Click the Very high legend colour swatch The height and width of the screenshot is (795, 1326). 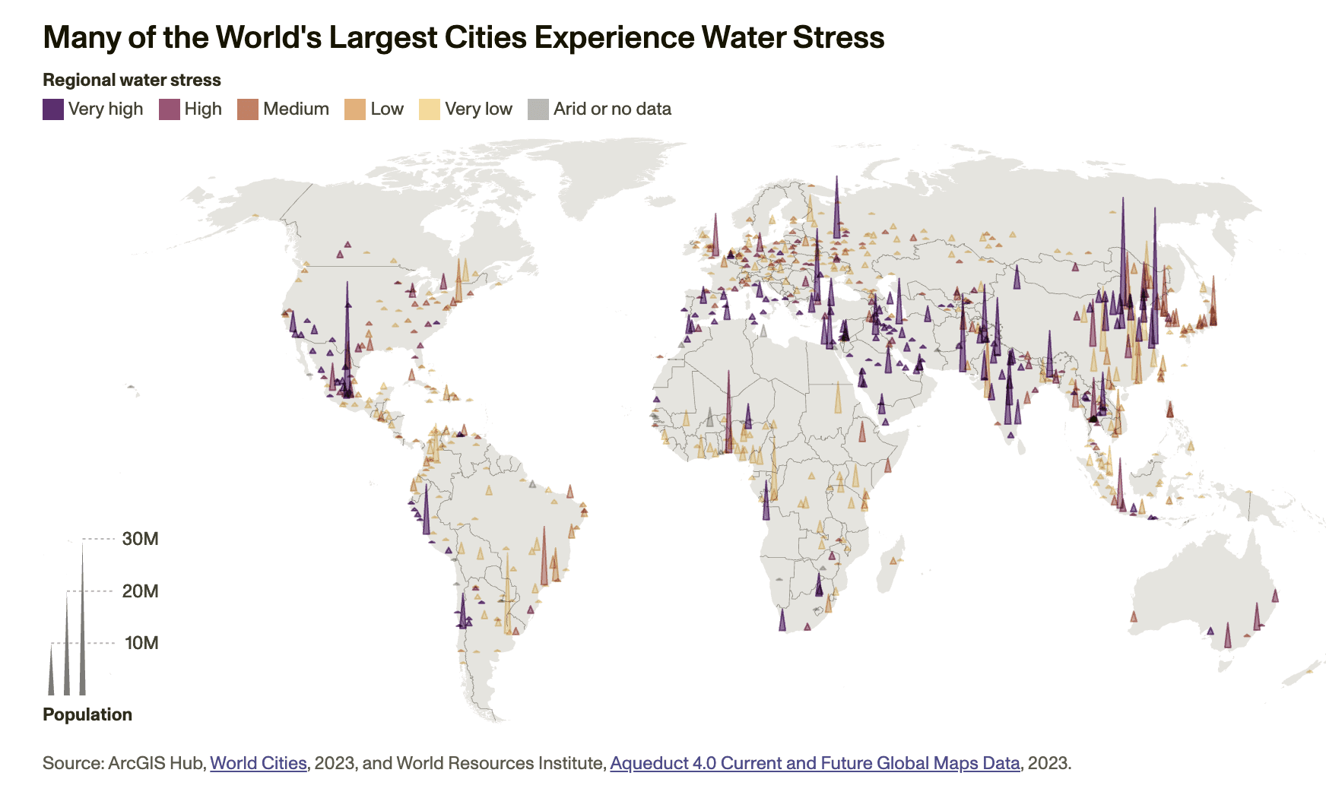coord(52,109)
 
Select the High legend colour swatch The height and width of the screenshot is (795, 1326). coord(169,109)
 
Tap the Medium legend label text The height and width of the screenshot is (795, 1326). coord(296,109)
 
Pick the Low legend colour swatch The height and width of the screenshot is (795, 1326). coord(355,109)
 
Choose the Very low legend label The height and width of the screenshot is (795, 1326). coord(478,109)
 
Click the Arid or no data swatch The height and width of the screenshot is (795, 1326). coord(538,109)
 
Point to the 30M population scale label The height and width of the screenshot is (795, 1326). coord(141,539)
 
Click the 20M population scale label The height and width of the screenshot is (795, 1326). coord(141,591)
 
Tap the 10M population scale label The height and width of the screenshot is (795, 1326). coord(141,643)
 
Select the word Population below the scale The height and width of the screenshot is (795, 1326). coord(87,714)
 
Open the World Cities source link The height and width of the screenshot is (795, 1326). coord(259,763)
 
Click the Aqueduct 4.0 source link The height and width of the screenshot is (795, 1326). coord(814,763)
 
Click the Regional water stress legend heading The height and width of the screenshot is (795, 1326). coord(132,80)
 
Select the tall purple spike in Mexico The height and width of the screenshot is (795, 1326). coord(347,342)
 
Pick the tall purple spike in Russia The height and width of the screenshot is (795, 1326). coord(836,213)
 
